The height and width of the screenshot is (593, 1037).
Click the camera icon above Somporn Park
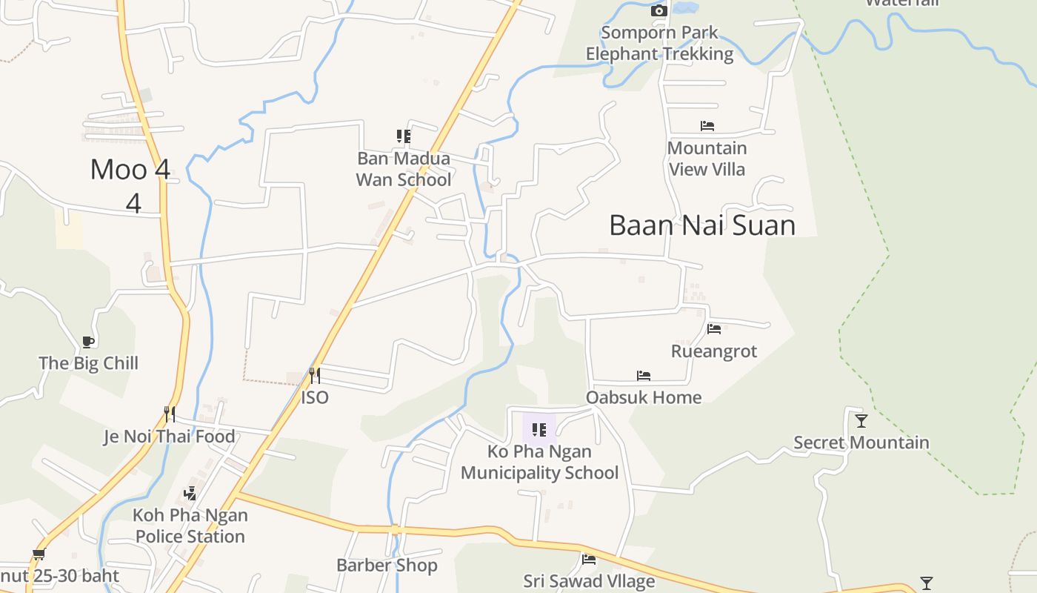pos(658,10)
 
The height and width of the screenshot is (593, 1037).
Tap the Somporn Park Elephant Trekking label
pos(659,43)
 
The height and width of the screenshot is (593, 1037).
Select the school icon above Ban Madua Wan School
pos(403,136)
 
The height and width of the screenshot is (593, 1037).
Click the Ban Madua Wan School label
pos(404,169)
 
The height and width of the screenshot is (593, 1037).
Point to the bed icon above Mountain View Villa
pos(707,126)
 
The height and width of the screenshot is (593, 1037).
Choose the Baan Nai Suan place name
pos(702,225)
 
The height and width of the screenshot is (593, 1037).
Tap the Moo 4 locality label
pos(130,170)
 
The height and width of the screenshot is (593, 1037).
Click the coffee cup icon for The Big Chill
pos(88,342)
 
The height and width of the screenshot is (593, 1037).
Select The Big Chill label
pos(89,363)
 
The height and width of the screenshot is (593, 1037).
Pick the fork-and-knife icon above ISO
pos(314,376)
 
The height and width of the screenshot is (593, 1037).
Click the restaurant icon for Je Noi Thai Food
pos(170,414)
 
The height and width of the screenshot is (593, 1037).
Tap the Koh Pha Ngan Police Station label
pos(190,526)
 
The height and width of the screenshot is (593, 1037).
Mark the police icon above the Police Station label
pos(190,493)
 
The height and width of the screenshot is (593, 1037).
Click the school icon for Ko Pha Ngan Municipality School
pos(539,429)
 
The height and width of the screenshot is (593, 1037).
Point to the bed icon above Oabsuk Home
pos(644,377)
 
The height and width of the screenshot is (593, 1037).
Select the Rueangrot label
pos(714,351)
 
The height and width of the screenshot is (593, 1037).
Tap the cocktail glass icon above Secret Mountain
pos(861,421)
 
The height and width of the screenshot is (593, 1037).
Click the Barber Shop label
pos(387,566)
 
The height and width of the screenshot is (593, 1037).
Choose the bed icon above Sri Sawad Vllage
pos(589,560)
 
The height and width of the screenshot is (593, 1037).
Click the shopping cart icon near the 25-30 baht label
pos(39,554)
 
